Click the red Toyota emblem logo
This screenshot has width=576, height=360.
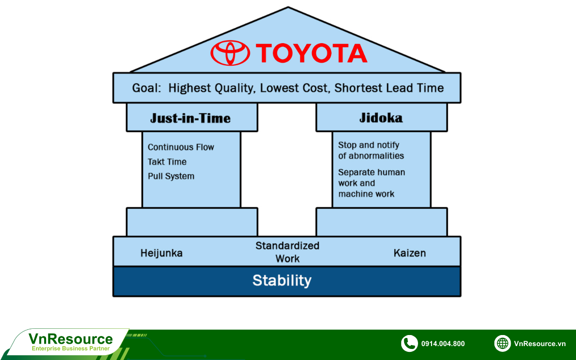pyautogui.click(x=230, y=53)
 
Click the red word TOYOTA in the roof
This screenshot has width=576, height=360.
pyautogui.click(x=311, y=53)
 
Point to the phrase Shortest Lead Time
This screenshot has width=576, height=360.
pyautogui.click(x=389, y=88)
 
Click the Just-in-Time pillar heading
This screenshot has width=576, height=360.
pyautogui.click(x=191, y=118)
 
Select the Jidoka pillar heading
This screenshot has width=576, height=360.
pyautogui.click(x=381, y=118)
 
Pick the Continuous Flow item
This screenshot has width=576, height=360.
pyautogui.click(x=180, y=147)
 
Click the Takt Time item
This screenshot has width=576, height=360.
pyautogui.click(x=167, y=162)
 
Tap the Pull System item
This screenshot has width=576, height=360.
pyautogui.click(x=171, y=176)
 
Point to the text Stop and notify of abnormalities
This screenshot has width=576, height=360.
pyautogui.click(x=371, y=150)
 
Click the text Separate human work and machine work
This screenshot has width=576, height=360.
pyautogui.click(x=371, y=183)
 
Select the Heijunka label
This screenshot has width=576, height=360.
pyautogui.click(x=161, y=253)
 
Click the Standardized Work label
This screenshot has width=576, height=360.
pyautogui.click(x=287, y=252)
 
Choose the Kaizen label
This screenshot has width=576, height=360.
pyautogui.click(x=409, y=253)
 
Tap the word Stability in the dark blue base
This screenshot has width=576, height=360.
pyautogui.click(x=282, y=280)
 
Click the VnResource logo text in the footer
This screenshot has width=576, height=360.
pyautogui.click(x=71, y=339)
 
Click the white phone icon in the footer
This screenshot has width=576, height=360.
pyautogui.click(x=409, y=343)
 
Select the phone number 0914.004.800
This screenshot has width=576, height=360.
pyautogui.click(x=443, y=344)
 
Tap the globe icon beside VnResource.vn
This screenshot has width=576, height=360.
pyautogui.click(x=502, y=343)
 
